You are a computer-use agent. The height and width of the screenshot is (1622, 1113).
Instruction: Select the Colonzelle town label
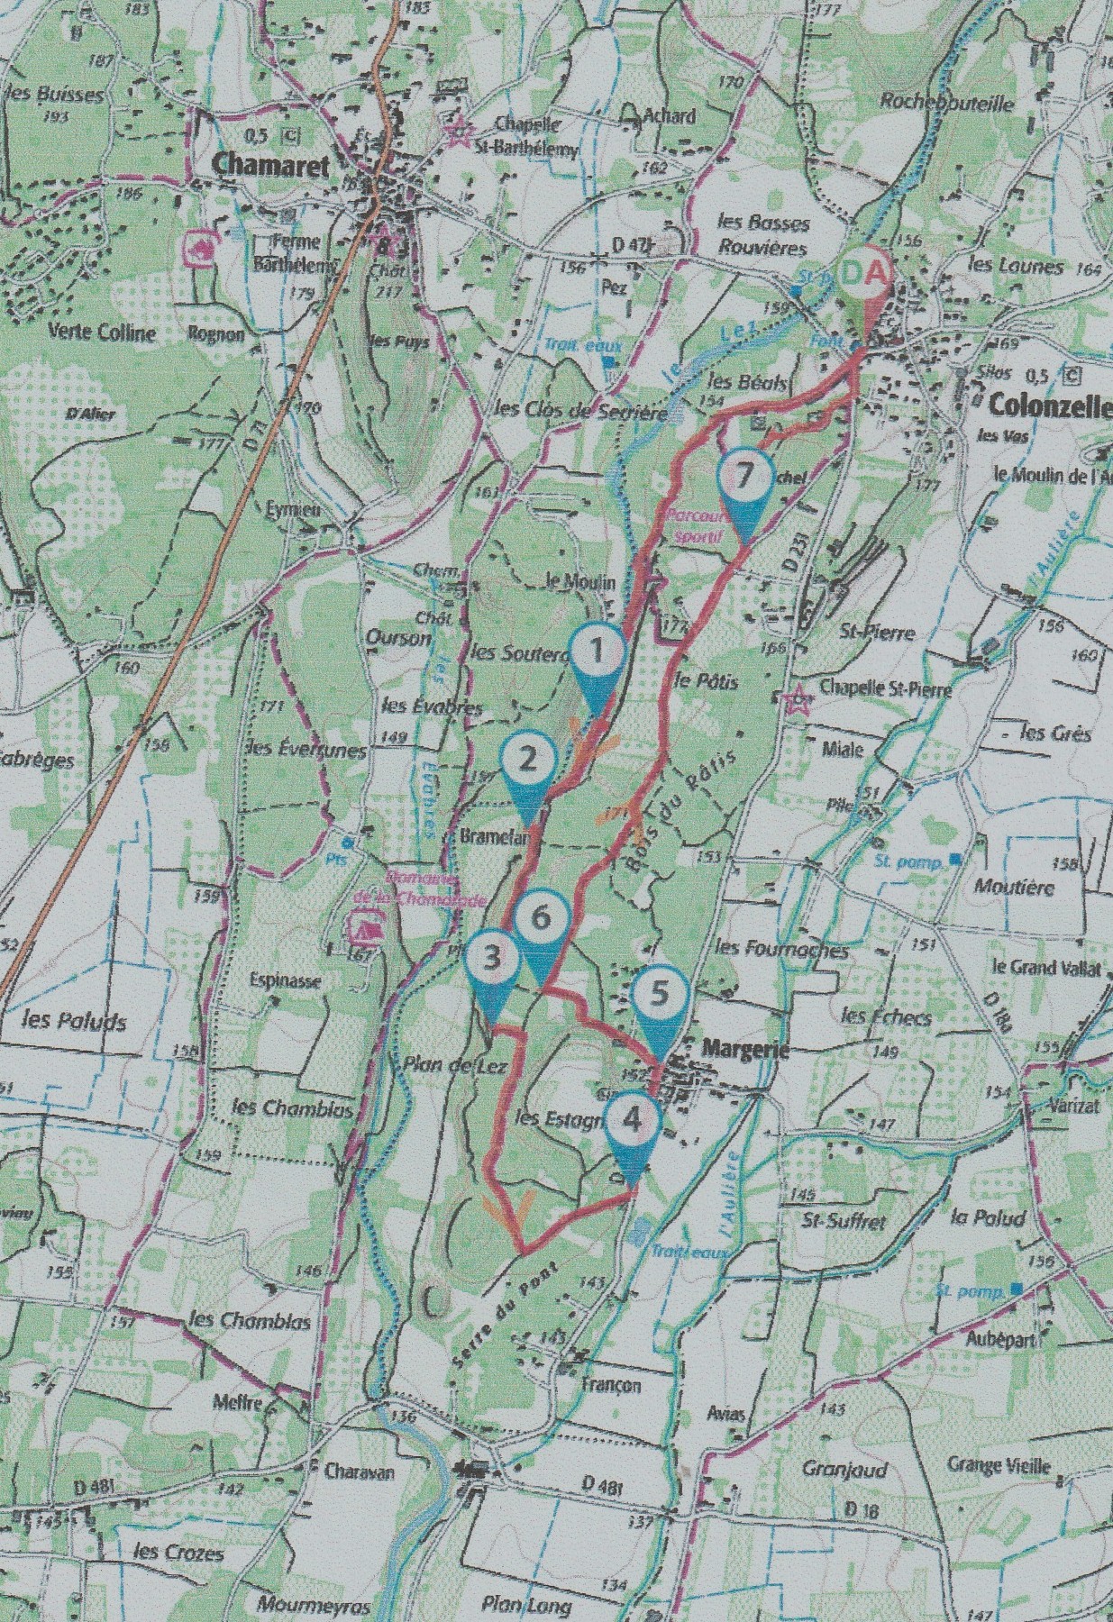click(x=1049, y=405)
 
